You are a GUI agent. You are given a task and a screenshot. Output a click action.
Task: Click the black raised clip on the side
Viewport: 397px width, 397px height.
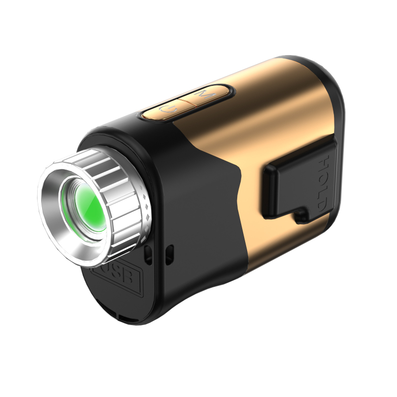click(293, 181)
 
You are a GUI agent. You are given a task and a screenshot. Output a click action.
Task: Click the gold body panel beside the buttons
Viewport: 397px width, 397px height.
click(268, 109)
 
